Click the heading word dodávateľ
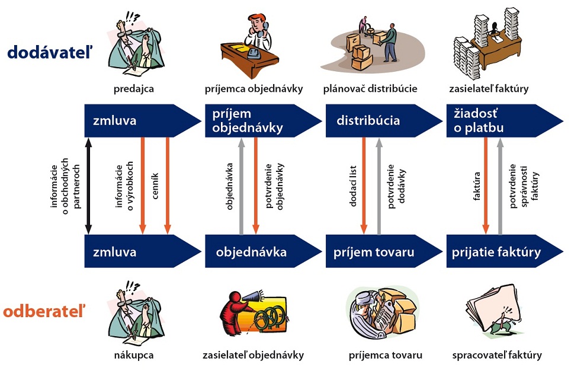(x=50, y=53)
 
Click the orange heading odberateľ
(x=44, y=311)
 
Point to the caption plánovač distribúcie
(x=370, y=90)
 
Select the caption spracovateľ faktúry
(x=497, y=356)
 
